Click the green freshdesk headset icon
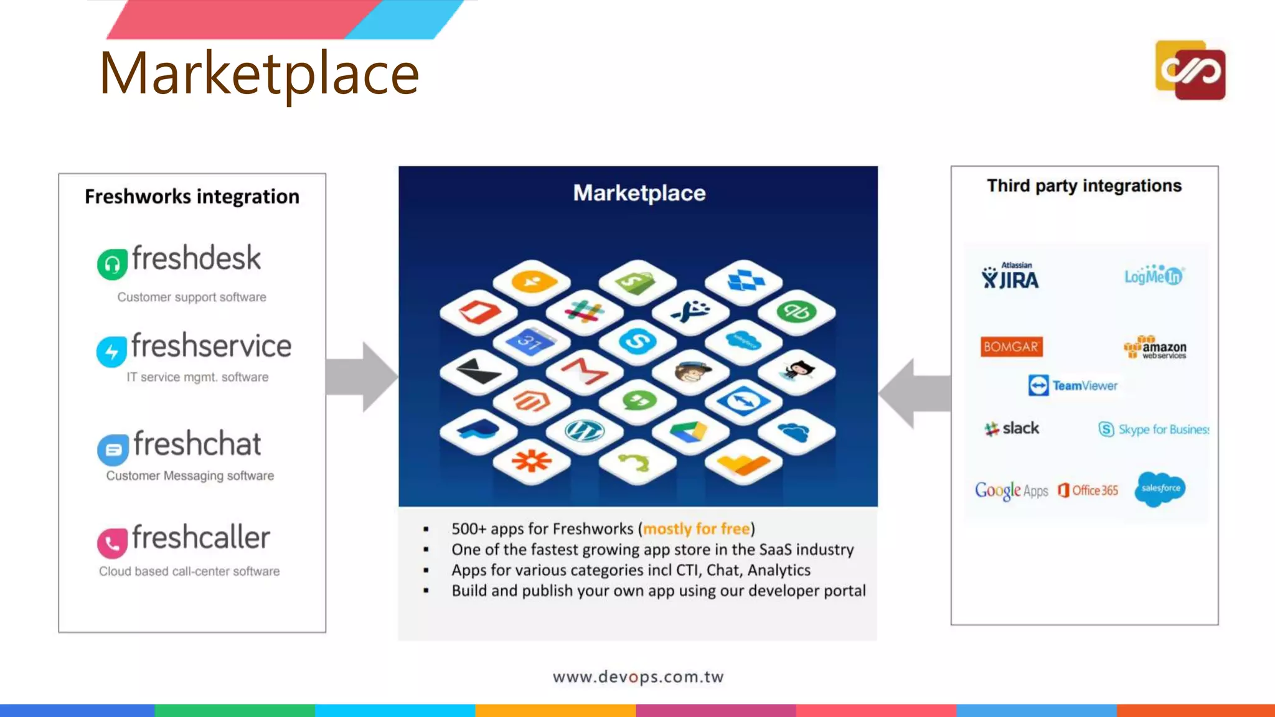(112, 265)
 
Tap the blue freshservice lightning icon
(111, 352)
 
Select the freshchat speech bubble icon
(113, 449)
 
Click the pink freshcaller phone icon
(112, 543)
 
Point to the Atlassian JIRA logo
(1010, 276)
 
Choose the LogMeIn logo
(1154, 275)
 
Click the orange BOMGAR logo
(1011, 347)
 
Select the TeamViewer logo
(1073, 385)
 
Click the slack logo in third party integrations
(1012, 428)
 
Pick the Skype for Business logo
(1153, 429)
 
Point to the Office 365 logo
(1088, 490)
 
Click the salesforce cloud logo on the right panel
(1160, 489)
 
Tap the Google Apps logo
(1011, 491)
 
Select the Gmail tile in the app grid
(584, 371)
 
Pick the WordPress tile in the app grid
(584, 430)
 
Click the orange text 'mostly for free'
(696, 529)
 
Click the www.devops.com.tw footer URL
(638, 677)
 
